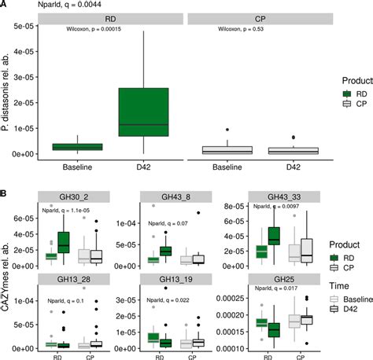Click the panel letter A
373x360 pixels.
click(x=5, y=5)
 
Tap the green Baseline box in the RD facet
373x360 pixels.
click(x=80, y=146)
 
